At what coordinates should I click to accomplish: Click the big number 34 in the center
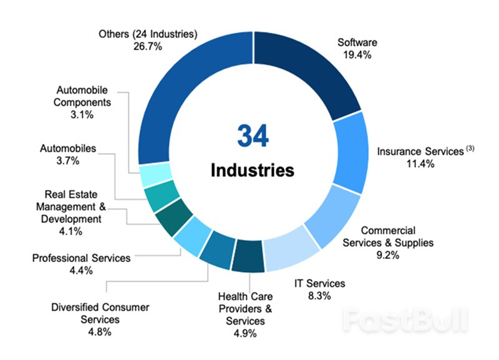(253, 135)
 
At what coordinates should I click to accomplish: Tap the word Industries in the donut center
(252, 170)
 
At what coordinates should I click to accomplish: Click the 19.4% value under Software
(357, 55)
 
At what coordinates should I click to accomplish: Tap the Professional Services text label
(82, 258)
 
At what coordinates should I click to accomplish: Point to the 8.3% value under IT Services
(319, 295)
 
